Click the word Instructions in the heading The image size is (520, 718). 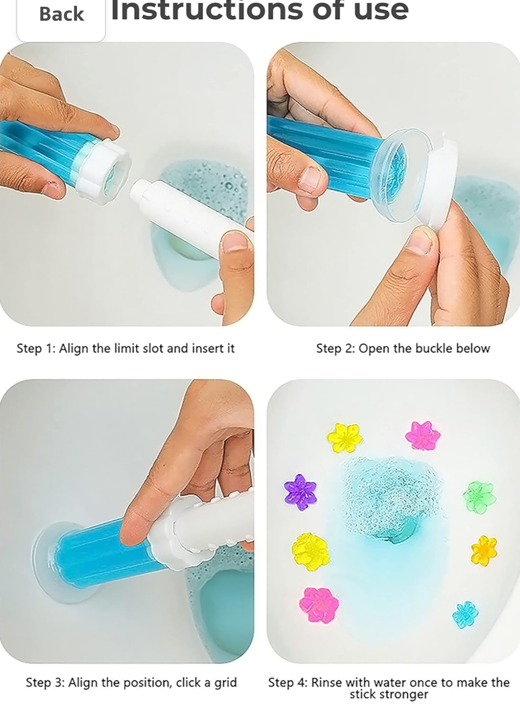tap(207, 10)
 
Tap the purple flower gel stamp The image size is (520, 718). tap(300, 492)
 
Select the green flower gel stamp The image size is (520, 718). tap(479, 497)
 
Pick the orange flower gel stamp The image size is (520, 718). tap(484, 550)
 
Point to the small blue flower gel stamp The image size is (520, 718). tap(466, 614)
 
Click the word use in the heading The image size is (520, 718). tap(381, 10)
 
